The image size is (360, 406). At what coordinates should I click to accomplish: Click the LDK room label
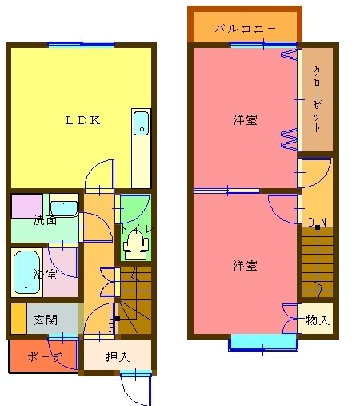(82, 121)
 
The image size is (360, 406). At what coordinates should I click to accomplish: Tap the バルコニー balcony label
(245, 29)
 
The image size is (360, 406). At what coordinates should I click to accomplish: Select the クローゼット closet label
(317, 99)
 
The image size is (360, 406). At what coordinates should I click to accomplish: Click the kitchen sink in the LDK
(141, 123)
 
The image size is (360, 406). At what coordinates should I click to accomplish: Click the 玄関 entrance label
(45, 320)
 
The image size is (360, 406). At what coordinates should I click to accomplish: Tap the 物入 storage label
(318, 321)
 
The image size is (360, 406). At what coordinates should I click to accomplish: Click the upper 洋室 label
(245, 120)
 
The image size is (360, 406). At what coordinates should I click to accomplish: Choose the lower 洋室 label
(245, 265)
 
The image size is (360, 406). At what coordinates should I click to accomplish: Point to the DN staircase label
(317, 222)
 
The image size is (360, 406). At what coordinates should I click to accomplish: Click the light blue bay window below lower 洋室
(262, 342)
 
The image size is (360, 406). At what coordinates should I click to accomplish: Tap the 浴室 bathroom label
(45, 275)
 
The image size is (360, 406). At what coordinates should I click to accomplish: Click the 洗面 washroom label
(45, 220)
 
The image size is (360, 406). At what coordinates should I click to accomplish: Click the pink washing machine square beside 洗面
(26, 205)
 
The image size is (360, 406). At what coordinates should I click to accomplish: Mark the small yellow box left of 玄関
(18, 319)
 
